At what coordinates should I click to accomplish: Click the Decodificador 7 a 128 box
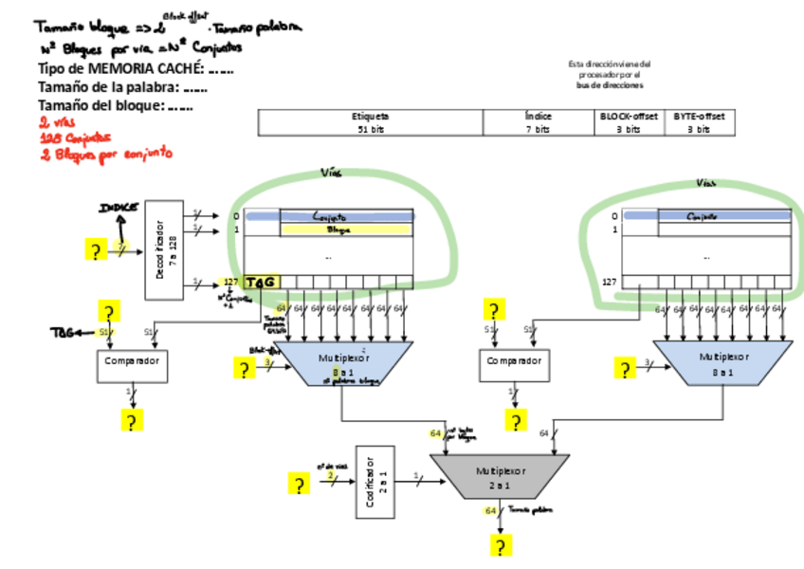coord(167,250)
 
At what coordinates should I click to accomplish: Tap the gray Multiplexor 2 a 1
coord(499,477)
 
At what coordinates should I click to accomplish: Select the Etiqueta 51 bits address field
coord(371,122)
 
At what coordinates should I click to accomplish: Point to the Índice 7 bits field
coord(539,122)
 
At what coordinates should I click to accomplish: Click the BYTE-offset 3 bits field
coord(699,122)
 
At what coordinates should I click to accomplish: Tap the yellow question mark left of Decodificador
coord(95,251)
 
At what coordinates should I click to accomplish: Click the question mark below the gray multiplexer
coord(501,545)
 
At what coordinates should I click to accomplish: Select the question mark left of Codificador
coord(300,485)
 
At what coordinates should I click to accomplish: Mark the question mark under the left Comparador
coord(131,422)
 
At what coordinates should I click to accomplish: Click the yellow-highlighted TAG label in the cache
coord(260,282)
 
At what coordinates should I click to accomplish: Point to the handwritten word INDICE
coord(119,207)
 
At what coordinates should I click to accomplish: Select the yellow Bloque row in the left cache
coord(346,229)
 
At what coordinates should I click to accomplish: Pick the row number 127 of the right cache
coord(610,282)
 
